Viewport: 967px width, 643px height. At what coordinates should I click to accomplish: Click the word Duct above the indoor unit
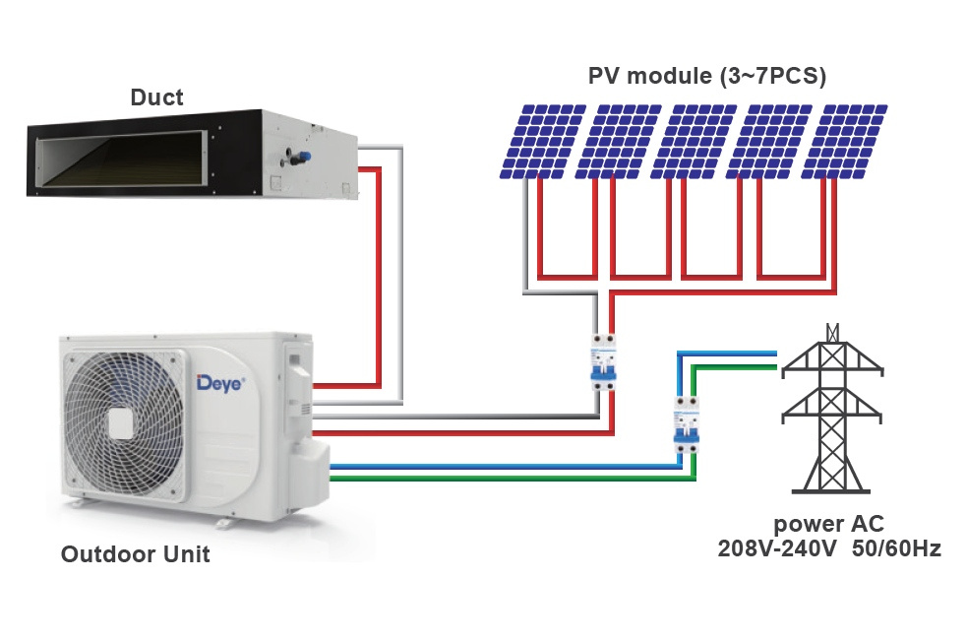156,97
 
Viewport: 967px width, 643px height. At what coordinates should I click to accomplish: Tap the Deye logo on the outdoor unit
220,383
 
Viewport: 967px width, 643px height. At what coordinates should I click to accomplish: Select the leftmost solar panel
543,142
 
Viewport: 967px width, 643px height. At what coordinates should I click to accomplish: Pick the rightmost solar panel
844,142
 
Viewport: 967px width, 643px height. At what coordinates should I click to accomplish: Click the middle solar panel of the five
694,142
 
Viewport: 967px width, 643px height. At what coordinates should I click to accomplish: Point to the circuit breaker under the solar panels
603,362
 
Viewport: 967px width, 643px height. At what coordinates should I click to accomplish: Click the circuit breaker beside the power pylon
687,425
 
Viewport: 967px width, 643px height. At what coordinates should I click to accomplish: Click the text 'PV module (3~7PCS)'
706,76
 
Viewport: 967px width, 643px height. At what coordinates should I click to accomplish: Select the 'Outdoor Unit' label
135,554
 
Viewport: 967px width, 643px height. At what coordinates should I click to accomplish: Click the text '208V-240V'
777,547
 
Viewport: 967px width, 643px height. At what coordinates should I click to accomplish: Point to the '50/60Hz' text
897,547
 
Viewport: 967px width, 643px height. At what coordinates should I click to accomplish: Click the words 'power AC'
829,524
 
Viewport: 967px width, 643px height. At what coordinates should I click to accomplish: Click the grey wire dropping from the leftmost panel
526,234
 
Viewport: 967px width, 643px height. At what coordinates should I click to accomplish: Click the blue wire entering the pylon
727,354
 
